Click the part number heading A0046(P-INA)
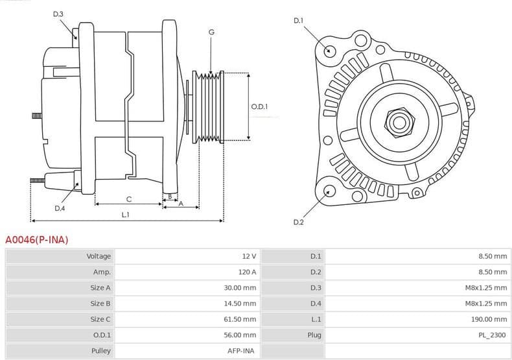(37, 239)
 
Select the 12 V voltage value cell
(249, 256)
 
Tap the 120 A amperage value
(246, 272)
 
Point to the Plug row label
(314, 335)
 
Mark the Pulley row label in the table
(100, 351)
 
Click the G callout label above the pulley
(211, 32)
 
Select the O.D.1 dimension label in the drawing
(259, 107)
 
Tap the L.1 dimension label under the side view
(125, 215)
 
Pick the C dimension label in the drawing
(128, 198)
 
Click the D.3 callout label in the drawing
(58, 14)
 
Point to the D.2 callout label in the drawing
(298, 222)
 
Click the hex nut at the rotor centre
(397, 121)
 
